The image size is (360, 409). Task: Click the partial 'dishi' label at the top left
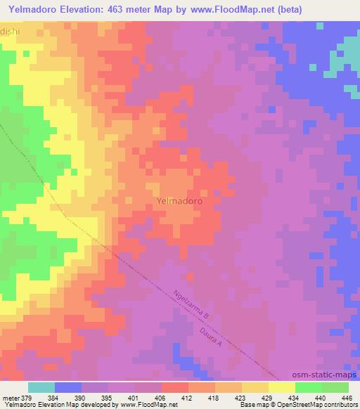coord(10,32)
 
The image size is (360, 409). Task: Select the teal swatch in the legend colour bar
coord(41,387)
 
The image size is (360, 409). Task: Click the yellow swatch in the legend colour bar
coord(282,387)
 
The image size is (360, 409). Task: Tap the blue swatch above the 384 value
coord(68,387)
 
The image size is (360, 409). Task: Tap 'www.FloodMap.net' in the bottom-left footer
coord(141,405)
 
